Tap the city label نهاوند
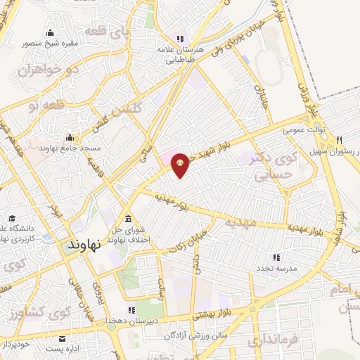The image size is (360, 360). coord(84,244)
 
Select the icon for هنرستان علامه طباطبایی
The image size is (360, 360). coord(180,39)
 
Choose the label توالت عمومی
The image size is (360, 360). coord(303,130)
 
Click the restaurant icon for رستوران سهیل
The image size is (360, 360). coord(340,140)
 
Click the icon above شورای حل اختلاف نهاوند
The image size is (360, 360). coord(127,217)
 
